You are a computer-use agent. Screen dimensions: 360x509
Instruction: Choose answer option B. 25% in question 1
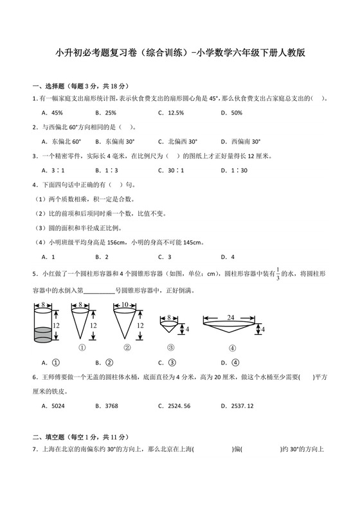click(105, 112)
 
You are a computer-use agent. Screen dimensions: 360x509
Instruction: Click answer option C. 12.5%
click(171, 112)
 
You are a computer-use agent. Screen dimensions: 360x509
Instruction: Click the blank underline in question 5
click(99, 290)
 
